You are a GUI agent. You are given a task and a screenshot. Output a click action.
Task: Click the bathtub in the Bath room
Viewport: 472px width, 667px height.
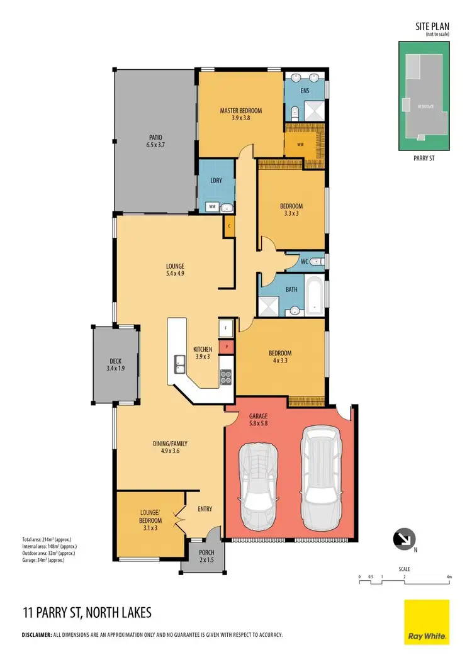tap(314, 296)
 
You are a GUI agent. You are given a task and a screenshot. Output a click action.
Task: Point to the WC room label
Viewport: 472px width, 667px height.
tap(303, 261)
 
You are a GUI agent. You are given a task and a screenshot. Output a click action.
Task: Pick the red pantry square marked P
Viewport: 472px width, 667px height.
tap(226, 345)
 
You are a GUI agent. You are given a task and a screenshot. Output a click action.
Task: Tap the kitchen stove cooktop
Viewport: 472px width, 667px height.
tap(225, 377)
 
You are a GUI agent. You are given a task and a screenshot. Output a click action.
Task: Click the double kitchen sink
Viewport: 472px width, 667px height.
tap(179, 363)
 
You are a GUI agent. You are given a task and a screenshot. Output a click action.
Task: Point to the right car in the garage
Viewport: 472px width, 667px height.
tap(320, 471)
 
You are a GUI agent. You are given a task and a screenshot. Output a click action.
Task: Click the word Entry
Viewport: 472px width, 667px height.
tap(205, 508)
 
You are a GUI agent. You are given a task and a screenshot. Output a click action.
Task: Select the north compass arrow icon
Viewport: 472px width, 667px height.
tap(403, 539)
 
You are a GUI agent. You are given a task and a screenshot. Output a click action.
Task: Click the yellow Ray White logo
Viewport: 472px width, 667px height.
tap(426, 622)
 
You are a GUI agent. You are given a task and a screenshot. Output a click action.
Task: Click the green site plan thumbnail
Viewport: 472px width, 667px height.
tap(425, 96)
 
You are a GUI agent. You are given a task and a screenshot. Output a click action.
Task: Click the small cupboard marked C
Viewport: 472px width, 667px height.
tap(229, 226)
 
